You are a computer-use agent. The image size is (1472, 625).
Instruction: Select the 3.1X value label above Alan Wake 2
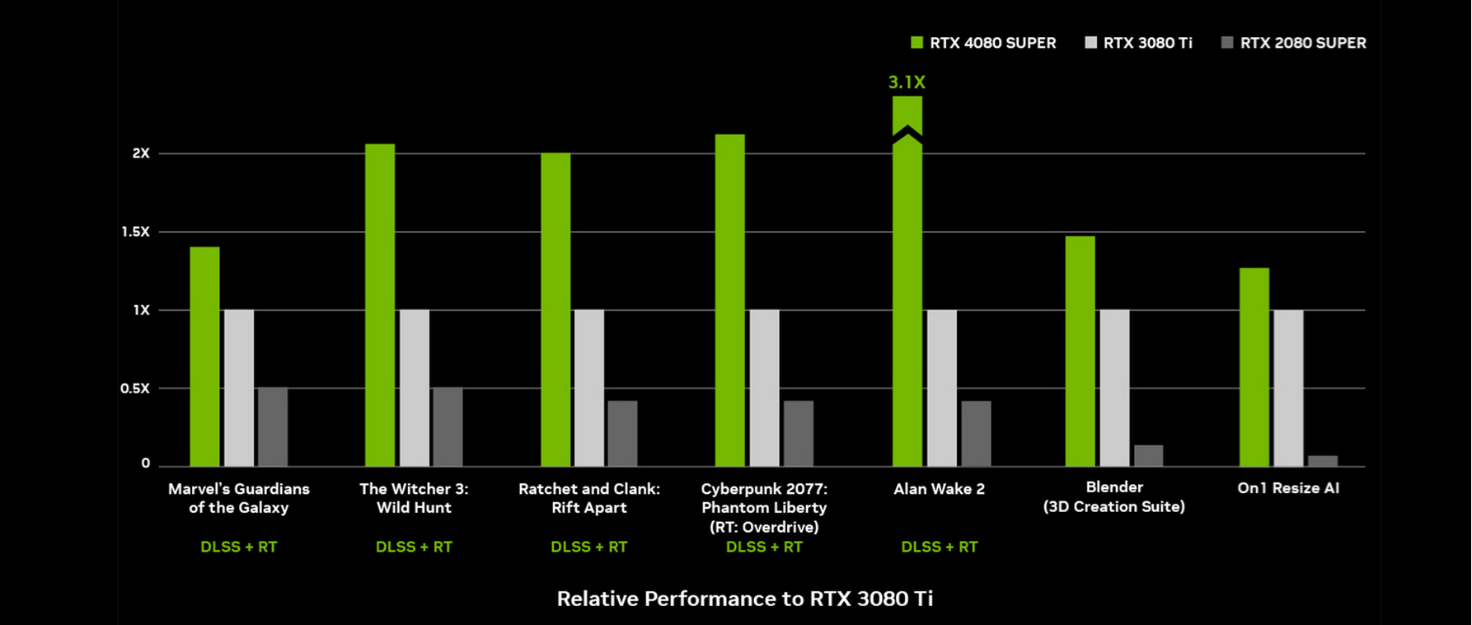(x=907, y=82)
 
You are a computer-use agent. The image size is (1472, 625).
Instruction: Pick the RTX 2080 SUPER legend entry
(x=1293, y=43)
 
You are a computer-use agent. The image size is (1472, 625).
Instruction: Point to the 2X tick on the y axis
(x=141, y=153)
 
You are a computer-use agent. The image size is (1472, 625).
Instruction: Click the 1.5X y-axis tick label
(x=136, y=232)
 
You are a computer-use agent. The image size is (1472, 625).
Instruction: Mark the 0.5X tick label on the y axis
(x=135, y=388)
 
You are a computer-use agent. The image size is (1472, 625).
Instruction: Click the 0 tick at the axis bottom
(x=146, y=463)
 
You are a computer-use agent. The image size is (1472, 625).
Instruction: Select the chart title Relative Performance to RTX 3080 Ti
(x=745, y=599)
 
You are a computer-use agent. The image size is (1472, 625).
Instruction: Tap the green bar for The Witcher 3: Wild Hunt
(x=380, y=305)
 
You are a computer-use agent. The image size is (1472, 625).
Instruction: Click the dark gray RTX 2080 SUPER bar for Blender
(x=1148, y=456)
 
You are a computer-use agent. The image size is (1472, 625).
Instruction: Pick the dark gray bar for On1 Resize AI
(x=1323, y=461)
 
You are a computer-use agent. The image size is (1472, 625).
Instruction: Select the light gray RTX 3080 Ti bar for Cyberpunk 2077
(x=764, y=388)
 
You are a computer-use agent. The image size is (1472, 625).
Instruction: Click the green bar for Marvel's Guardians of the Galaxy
(x=204, y=356)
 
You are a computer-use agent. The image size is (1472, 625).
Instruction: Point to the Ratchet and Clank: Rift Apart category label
(x=589, y=498)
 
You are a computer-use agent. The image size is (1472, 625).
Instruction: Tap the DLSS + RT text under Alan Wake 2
(x=939, y=547)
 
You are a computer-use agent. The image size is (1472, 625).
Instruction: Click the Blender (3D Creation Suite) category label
(x=1113, y=497)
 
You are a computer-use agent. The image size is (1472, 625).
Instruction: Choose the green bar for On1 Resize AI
(x=1254, y=367)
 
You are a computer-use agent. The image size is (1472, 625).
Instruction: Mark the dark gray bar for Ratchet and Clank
(x=622, y=434)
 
